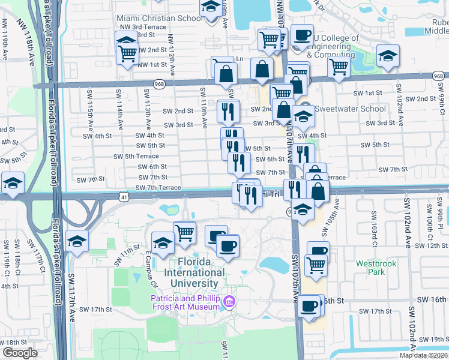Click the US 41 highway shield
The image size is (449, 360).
tap(122, 196)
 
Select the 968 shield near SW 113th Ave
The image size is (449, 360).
tap(159, 85)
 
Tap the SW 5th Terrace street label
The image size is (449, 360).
tap(136, 157)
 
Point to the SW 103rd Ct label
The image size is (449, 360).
tap(373, 227)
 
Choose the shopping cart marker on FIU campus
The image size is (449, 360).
tap(184, 232)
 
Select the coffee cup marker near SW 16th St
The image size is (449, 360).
tap(310, 305)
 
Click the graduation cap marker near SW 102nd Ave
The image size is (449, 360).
tap(388, 57)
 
